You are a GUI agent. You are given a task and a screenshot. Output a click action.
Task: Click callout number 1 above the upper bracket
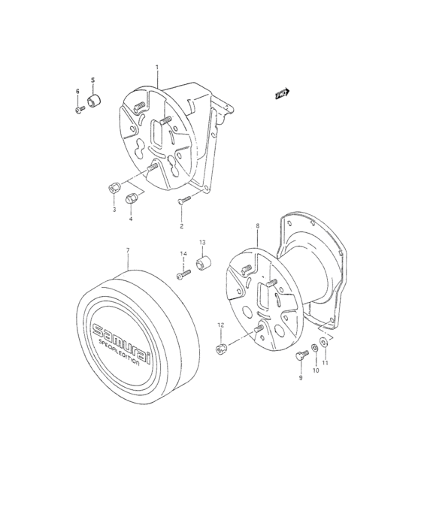[x=157, y=68]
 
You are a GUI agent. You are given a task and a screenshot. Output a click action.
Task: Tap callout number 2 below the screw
[x=181, y=225]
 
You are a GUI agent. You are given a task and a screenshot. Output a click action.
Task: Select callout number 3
[x=114, y=210]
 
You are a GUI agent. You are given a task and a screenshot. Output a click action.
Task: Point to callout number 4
[x=130, y=219]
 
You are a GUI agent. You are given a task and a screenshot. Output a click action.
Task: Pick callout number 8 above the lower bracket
[x=257, y=225]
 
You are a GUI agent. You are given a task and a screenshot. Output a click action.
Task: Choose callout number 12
[x=221, y=325]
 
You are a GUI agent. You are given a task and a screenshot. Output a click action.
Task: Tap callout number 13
[x=202, y=242]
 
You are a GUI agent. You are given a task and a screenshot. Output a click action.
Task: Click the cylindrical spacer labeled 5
[x=95, y=101]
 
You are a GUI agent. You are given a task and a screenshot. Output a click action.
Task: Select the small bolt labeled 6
[x=78, y=110]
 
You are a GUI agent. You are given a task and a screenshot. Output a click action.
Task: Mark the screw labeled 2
[x=182, y=201]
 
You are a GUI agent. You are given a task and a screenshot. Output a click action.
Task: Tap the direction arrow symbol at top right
[x=282, y=94]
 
